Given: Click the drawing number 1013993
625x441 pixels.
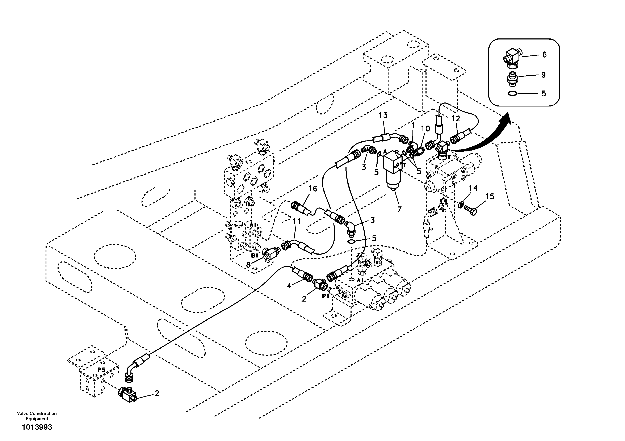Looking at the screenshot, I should [37, 427].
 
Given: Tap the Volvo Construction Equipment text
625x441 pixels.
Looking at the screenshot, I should [37, 416].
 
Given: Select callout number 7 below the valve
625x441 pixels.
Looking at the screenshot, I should [399, 209].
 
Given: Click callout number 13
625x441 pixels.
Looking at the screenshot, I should [383, 115].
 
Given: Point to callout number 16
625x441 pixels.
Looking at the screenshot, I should [313, 188].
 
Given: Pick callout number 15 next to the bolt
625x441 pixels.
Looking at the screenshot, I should [490, 196].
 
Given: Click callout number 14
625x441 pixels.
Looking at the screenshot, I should [473, 188].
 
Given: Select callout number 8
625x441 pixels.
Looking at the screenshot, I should [248, 264].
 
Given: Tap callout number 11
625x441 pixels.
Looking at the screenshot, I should [297, 221].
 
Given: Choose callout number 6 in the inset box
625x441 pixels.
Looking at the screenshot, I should [544, 54].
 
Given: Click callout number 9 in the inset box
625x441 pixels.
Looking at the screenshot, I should [543, 75].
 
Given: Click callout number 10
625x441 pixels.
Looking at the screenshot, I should [425, 128].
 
